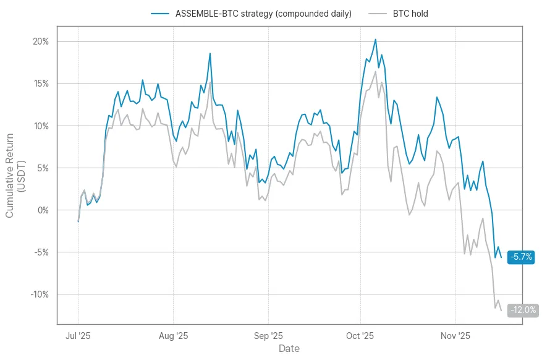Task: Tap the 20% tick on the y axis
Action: pos(41,41)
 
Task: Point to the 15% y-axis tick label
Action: pos(41,84)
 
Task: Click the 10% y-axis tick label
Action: pos(41,126)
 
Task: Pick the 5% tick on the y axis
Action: pos(43,168)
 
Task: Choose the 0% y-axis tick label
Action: pos(43,210)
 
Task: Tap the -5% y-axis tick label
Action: pos(41,252)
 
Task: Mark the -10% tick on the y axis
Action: pos(40,294)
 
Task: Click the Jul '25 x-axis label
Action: pos(78,336)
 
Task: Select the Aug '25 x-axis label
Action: pos(174,336)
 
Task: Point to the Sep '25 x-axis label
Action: pos(269,336)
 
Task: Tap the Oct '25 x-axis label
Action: pos(360,336)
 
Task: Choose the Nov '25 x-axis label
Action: pos(455,336)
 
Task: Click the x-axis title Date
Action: pos(289,349)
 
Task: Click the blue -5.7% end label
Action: pos(521,257)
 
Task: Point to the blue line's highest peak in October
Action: pos(375,40)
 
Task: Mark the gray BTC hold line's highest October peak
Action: pos(375,71)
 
